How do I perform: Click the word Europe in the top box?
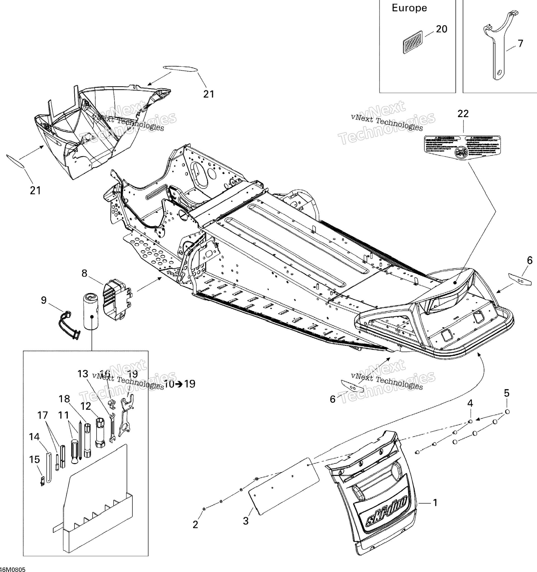pyautogui.click(x=409, y=8)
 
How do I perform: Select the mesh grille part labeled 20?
pyautogui.click(x=413, y=42)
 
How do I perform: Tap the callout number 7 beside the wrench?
pyautogui.click(x=520, y=43)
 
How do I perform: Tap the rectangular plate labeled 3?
pyautogui.click(x=284, y=486)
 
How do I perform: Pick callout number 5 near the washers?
pyautogui.click(x=507, y=393)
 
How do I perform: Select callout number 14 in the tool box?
pyautogui.click(x=34, y=437)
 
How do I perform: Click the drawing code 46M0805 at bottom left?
pyautogui.click(x=13, y=569)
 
